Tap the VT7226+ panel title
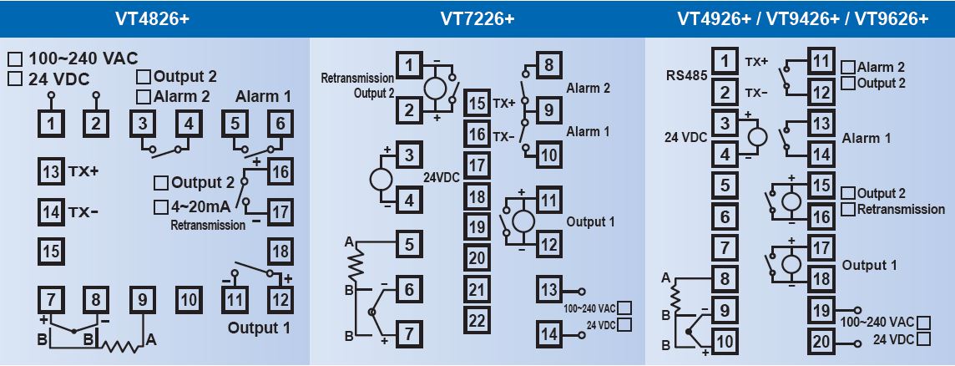point(477,18)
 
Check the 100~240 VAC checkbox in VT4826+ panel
point(15,59)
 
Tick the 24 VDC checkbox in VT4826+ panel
point(15,79)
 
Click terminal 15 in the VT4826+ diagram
point(52,250)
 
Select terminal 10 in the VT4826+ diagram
point(189,298)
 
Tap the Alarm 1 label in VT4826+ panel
point(263,96)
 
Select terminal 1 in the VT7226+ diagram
point(408,65)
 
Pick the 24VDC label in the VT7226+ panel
point(442,178)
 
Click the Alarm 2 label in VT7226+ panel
point(588,87)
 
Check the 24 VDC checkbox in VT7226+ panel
point(624,324)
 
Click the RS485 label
point(687,74)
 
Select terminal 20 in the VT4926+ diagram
point(821,341)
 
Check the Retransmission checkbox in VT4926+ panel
point(849,209)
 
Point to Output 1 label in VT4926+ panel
point(869,265)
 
